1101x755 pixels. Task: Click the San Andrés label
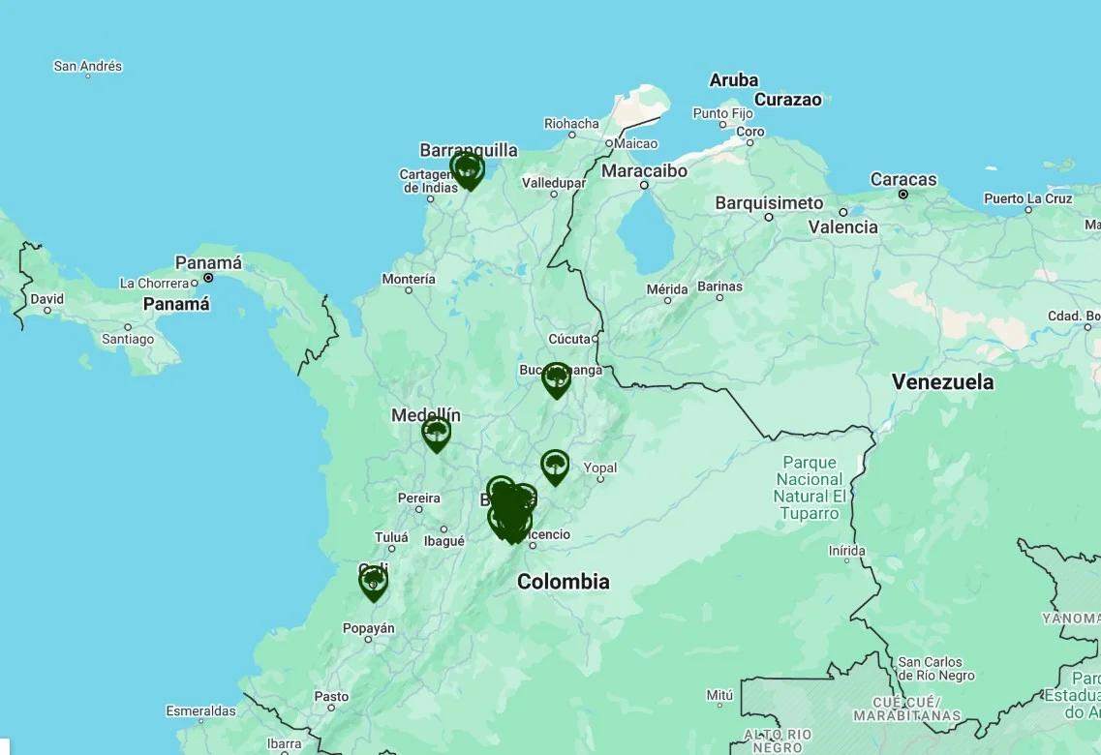[x=87, y=67]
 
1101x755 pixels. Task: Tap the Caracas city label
[x=902, y=180]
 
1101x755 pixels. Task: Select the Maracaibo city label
[x=644, y=171]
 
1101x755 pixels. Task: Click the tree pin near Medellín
[x=437, y=432]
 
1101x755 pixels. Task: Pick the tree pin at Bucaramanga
[x=557, y=377]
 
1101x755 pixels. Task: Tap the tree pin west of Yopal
[x=555, y=466]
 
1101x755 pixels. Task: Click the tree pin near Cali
[x=374, y=582]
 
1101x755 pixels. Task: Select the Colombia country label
[x=563, y=582]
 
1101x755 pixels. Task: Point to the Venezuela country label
[x=942, y=382]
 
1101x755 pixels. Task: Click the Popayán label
[x=368, y=628]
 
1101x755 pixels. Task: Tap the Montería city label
[x=409, y=280]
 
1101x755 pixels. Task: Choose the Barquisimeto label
[x=769, y=203]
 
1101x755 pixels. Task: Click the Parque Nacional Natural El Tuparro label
[x=810, y=488]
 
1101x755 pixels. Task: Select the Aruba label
[x=733, y=80]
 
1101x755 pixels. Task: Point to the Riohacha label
[x=571, y=124]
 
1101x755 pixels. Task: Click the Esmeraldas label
[x=200, y=711]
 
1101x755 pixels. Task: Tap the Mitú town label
[x=719, y=695]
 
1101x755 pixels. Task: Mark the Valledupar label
[x=554, y=183]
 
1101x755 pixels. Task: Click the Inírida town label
[x=846, y=551]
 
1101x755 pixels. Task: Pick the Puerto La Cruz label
[x=1028, y=198]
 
